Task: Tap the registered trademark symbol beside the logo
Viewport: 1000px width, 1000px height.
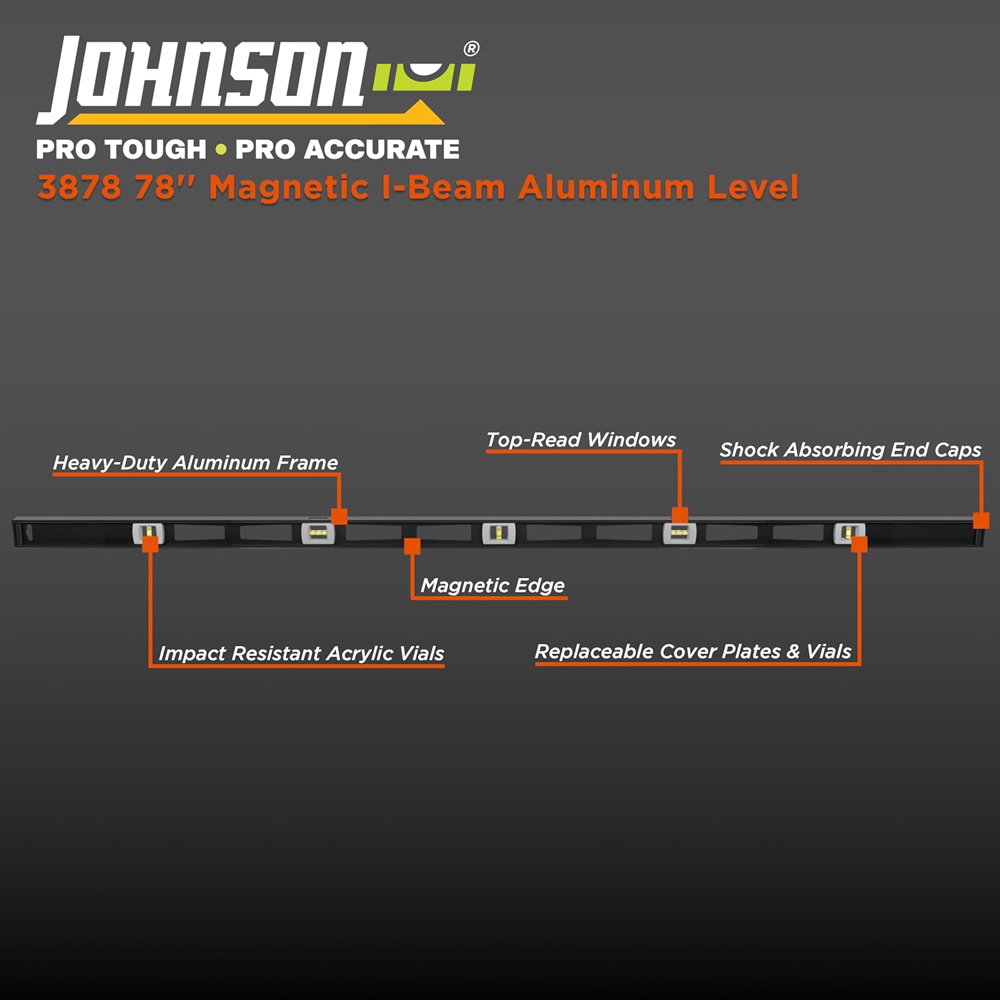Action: (471, 49)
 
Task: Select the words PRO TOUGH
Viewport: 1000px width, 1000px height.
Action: (121, 149)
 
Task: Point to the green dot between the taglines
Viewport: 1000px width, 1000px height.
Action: (221, 149)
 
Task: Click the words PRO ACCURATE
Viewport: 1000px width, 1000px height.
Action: (347, 149)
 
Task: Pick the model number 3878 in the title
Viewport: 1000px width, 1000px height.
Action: (80, 187)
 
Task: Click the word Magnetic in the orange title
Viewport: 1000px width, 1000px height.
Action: (289, 187)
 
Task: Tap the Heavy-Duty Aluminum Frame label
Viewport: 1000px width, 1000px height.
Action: (195, 463)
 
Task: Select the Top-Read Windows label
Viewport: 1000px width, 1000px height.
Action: (581, 440)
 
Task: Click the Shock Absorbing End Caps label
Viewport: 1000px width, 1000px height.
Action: (850, 450)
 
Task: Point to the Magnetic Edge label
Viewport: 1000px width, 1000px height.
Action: (493, 585)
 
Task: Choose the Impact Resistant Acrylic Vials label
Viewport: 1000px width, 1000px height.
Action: (301, 653)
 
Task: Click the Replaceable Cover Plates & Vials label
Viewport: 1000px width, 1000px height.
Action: (693, 651)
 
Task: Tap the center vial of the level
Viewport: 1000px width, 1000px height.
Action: (499, 533)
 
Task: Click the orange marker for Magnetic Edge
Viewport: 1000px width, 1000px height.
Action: (413, 547)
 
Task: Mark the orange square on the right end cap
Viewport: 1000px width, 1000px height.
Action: (981, 521)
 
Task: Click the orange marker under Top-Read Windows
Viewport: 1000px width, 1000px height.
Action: (680, 515)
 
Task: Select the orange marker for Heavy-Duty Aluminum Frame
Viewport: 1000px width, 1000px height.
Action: (339, 517)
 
